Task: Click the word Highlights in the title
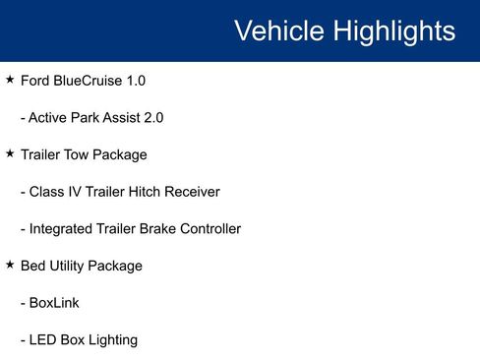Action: pyautogui.click(x=392, y=30)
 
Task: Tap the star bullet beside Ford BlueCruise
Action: pyautogui.click(x=10, y=79)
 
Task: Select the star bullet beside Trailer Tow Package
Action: pyautogui.click(x=10, y=153)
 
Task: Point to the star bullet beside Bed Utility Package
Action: pyautogui.click(x=10, y=265)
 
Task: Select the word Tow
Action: pyautogui.click(x=84, y=154)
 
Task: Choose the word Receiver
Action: pyautogui.click(x=198, y=192)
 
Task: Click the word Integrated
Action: pyautogui.click(x=63, y=229)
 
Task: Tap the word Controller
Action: pyautogui.click(x=207, y=229)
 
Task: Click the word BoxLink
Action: pyautogui.click(x=54, y=303)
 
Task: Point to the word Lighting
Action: pyautogui.click(x=110, y=340)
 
